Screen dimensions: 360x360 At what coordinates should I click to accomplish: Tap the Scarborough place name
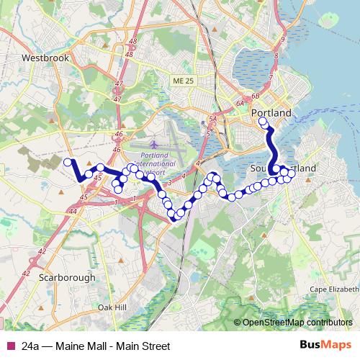click(67, 276)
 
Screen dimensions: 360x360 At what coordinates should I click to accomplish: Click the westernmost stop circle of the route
click(68, 163)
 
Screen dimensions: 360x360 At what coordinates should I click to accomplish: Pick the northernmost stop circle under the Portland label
click(263, 122)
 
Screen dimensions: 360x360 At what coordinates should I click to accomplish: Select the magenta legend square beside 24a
click(9, 346)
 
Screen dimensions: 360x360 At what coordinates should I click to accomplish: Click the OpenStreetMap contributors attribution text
click(297, 323)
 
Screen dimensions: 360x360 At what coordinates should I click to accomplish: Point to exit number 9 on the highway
click(284, 39)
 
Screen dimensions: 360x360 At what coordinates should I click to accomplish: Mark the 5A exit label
click(212, 119)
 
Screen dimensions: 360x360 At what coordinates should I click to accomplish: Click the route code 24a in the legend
click(30, 346)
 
